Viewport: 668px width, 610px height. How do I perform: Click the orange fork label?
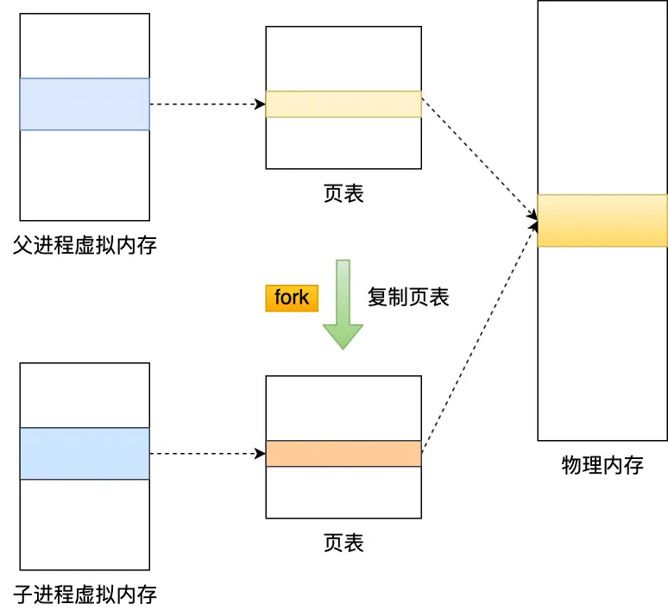click(292, 298)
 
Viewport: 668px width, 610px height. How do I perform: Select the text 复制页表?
click(408, 298)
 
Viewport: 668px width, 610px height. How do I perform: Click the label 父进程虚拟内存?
click(85, 245)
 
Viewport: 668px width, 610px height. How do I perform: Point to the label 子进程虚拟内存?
click(85, 594)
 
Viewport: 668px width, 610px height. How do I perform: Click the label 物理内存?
click(602, 466)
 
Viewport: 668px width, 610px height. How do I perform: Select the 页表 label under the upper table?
click(343, 193)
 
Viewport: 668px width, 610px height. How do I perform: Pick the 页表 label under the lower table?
click(343, 543)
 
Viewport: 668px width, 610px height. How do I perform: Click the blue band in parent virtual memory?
click(85, 104)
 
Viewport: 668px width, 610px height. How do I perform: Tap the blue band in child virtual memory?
click(85, 454)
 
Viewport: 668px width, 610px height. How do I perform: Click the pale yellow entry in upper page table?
click(343, 104)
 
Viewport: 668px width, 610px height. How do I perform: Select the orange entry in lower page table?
click(343, 454)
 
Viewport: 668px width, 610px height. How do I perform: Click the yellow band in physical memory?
click(602, 221)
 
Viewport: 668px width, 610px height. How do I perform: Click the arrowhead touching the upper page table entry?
click(261, 104)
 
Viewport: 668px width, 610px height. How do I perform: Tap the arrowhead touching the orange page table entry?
click(261, 454)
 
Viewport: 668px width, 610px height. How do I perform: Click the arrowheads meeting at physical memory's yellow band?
click(533, 223)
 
